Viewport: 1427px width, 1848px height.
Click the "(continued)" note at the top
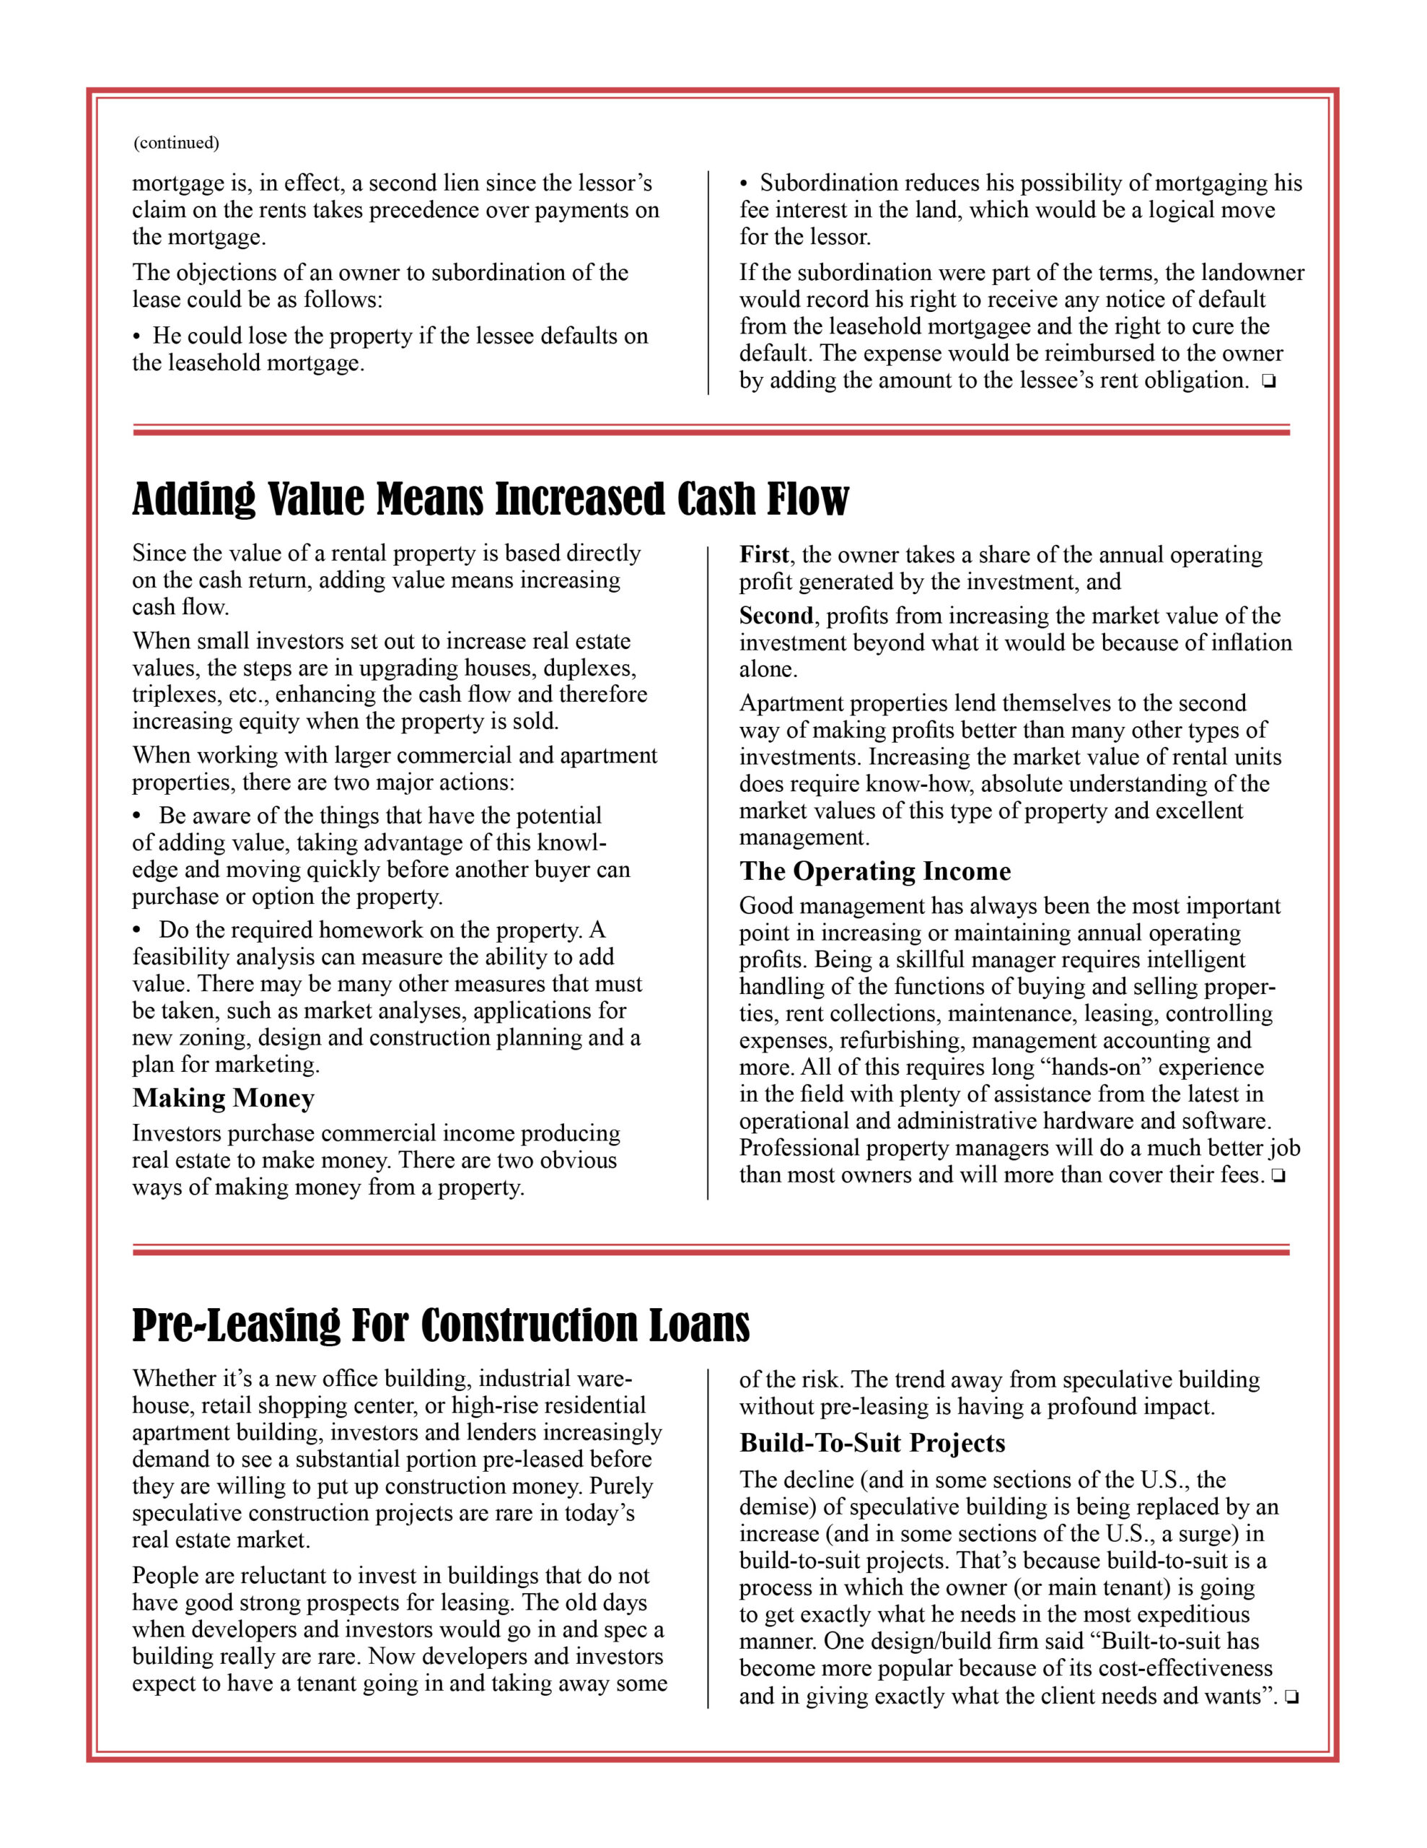coord(176,142)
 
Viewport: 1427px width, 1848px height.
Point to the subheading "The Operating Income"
coord(874,871)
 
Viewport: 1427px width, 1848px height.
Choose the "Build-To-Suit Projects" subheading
coord(872,1444)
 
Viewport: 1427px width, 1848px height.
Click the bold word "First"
coord(764,555)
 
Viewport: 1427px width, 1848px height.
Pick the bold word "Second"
coord(776,616)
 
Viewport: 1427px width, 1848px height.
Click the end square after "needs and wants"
coord(1291,1696)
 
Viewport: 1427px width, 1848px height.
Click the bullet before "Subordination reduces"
coord(745,183)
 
